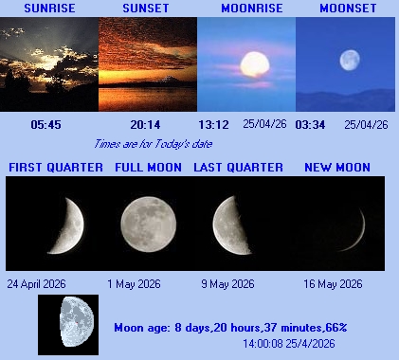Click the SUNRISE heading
coord(49,9)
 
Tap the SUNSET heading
coord(147,9)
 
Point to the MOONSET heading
coord(346,9)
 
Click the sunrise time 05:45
coord(45,124)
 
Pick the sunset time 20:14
coord(145,124)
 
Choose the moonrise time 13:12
coord(214,124)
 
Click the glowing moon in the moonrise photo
coord(253,63)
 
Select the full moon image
coord(148,220)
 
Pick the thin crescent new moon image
coord(356,224)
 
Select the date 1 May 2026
coord(135,283)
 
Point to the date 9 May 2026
coord(227,283)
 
